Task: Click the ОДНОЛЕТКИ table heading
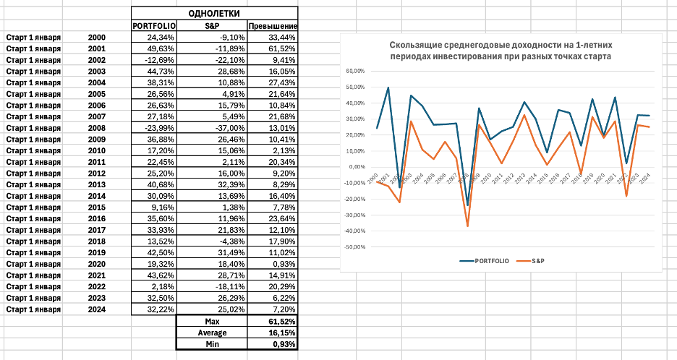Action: (x=214, y=14)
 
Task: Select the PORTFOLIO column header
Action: (x=153, y=27)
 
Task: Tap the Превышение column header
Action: (x=273, y=27)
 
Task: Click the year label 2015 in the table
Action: (x=96, y=207)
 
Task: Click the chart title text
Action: (x=500, y=50)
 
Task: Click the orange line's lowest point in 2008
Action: (x=467, y=226)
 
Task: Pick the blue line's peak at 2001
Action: (x=388, y=87)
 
